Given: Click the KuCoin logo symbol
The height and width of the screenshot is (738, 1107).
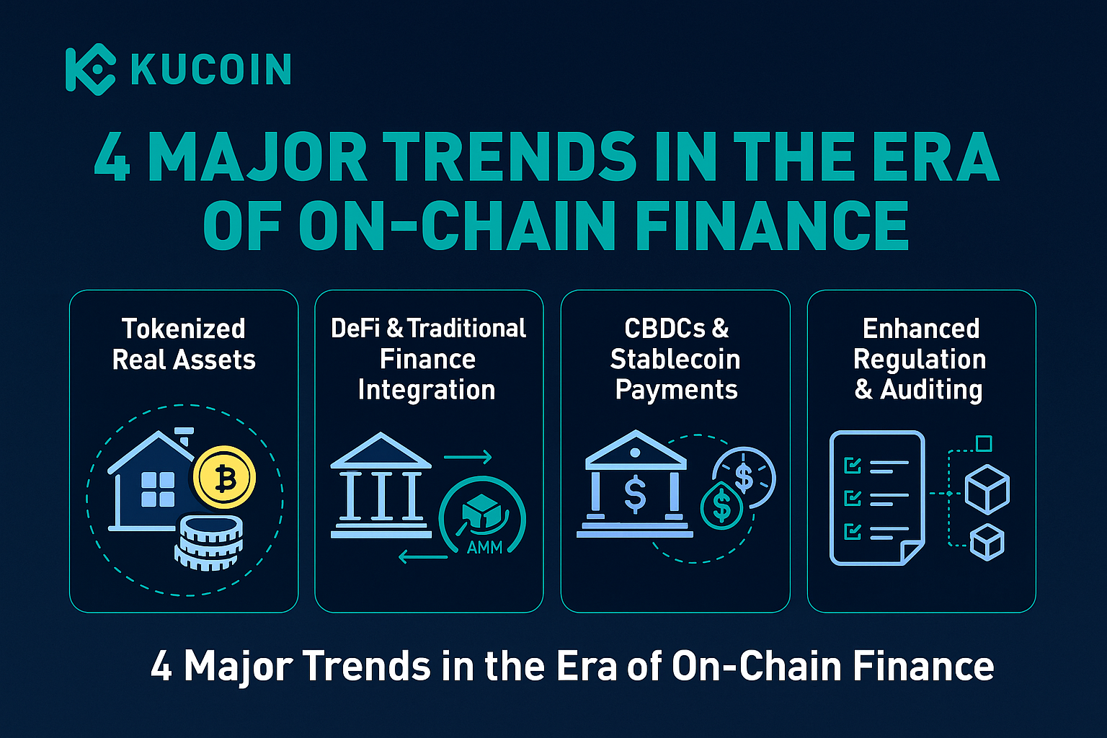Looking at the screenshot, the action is click(x=90, y=69).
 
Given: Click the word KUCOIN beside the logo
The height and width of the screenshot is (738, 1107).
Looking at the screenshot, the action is click(x=211, y=69).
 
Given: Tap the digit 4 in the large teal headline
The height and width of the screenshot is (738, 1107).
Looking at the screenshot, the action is click(x=112, y=157).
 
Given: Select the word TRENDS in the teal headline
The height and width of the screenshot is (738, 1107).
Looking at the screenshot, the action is click(x=510, y=157).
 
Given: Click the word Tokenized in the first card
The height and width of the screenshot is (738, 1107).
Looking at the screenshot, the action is click(x=184, y=329).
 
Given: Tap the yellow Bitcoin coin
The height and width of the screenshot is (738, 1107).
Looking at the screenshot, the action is click(x=224, y=478).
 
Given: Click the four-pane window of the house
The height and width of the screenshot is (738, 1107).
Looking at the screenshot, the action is click(x=158, y=489).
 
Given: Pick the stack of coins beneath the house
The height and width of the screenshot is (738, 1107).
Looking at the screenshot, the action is click(x=208, y=542).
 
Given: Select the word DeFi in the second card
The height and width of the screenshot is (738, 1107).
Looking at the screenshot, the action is click(x=355, y=328).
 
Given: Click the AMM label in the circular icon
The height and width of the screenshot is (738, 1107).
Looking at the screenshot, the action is click(x=484, y=548).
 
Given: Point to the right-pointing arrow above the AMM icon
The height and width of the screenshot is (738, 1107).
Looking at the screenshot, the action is click(x=468, y=457).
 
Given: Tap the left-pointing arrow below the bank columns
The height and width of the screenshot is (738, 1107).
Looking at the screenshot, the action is click(x=423, y=557).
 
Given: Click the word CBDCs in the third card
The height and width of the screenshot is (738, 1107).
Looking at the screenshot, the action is click(x=664, y=329).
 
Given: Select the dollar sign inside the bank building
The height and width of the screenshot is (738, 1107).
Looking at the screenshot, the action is click(x=635, y=493).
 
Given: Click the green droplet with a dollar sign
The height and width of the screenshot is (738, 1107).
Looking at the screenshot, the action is click(x=721, y=505).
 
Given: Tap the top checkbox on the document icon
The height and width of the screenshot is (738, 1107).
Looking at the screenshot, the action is click(x=853, y=465).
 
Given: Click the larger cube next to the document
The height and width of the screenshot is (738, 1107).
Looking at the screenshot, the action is click(x=987, y=489).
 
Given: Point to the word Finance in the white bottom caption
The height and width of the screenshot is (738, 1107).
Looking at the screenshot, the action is click(x=924, y=666).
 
